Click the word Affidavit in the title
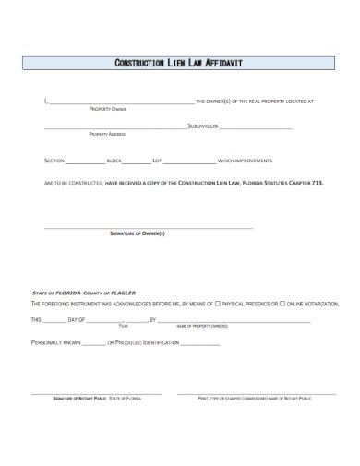click(222, 64)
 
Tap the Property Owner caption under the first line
click(106, 108)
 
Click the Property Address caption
click(106, 134)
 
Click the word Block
click(114, 160)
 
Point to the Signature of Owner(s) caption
click(138, 233)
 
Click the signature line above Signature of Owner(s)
click(149, 226)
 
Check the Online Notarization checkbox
click(284, 303)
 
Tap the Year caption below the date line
click(124, 326)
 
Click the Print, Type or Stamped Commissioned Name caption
click(255, 397)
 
